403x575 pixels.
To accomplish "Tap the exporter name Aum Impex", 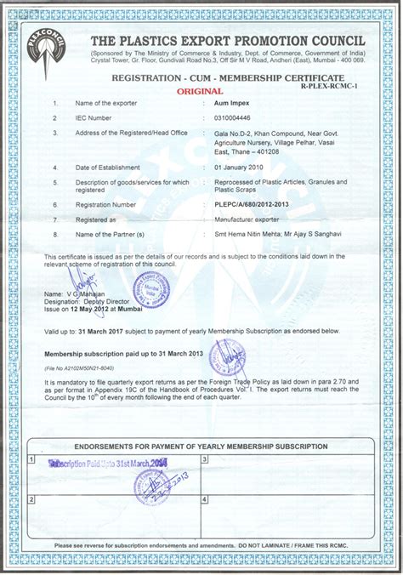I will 208,102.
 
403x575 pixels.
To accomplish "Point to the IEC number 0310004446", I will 213,117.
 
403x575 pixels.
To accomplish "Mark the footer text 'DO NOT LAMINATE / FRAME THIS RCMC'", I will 297,545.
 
